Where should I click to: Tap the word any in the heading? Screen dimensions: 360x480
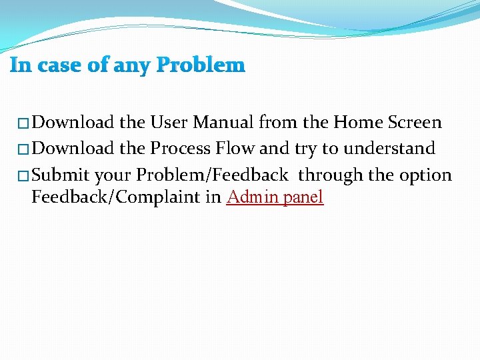(x=131, y=65)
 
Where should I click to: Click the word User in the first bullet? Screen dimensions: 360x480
(x=169, y=123)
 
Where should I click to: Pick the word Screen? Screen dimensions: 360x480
(x=414, y=123)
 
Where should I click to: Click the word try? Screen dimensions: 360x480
(x=305, y=149)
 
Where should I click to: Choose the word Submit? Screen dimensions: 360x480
(x=61, y=175)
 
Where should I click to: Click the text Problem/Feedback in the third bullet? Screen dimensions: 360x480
(x=212, y=175)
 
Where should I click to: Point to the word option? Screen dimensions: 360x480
(x=425, y=175)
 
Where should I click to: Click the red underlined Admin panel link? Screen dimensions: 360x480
(x=275, y=197)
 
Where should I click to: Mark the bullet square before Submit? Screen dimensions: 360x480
(x=23, y=176)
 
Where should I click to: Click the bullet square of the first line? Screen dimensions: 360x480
(x=23, y=123)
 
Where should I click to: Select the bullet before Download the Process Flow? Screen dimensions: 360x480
(x=23, y=149)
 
